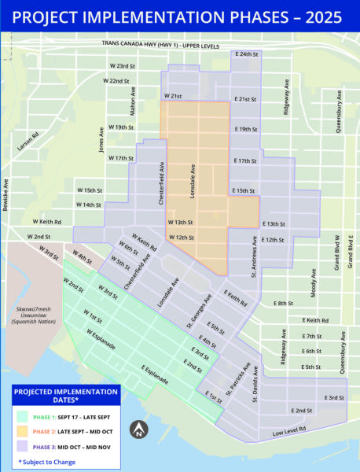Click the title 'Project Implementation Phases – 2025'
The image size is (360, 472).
point(179,17)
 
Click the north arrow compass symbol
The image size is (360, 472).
point(139,430)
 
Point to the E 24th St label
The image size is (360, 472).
point(247,54)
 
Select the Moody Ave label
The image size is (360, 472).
point(313,284)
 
